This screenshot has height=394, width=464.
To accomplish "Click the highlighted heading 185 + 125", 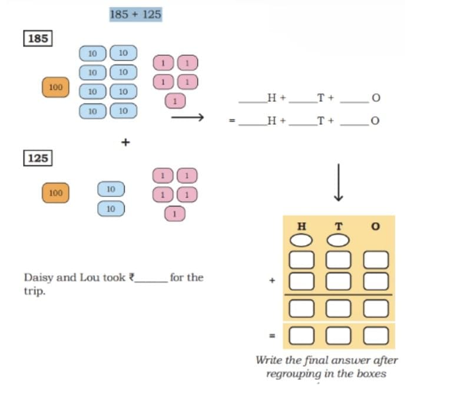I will (135, 14).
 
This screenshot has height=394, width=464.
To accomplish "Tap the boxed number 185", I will (38, 39).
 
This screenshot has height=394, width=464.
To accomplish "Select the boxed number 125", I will (38, 158).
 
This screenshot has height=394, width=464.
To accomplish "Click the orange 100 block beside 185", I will (56, 87).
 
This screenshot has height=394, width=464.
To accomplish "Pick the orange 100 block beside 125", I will (56, 192).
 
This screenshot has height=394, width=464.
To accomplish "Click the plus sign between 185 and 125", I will (125, 142).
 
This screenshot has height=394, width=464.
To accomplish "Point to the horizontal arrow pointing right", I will (187, 118).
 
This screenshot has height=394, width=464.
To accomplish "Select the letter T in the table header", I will (339, 226).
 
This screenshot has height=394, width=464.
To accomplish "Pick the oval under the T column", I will (339, 241).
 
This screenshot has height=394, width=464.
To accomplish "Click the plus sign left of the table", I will (273, 280).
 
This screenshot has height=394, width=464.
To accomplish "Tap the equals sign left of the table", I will (273, 336).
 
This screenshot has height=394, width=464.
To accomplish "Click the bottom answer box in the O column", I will (376, 335).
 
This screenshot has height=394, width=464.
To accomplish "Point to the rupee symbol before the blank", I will (132, 278).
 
